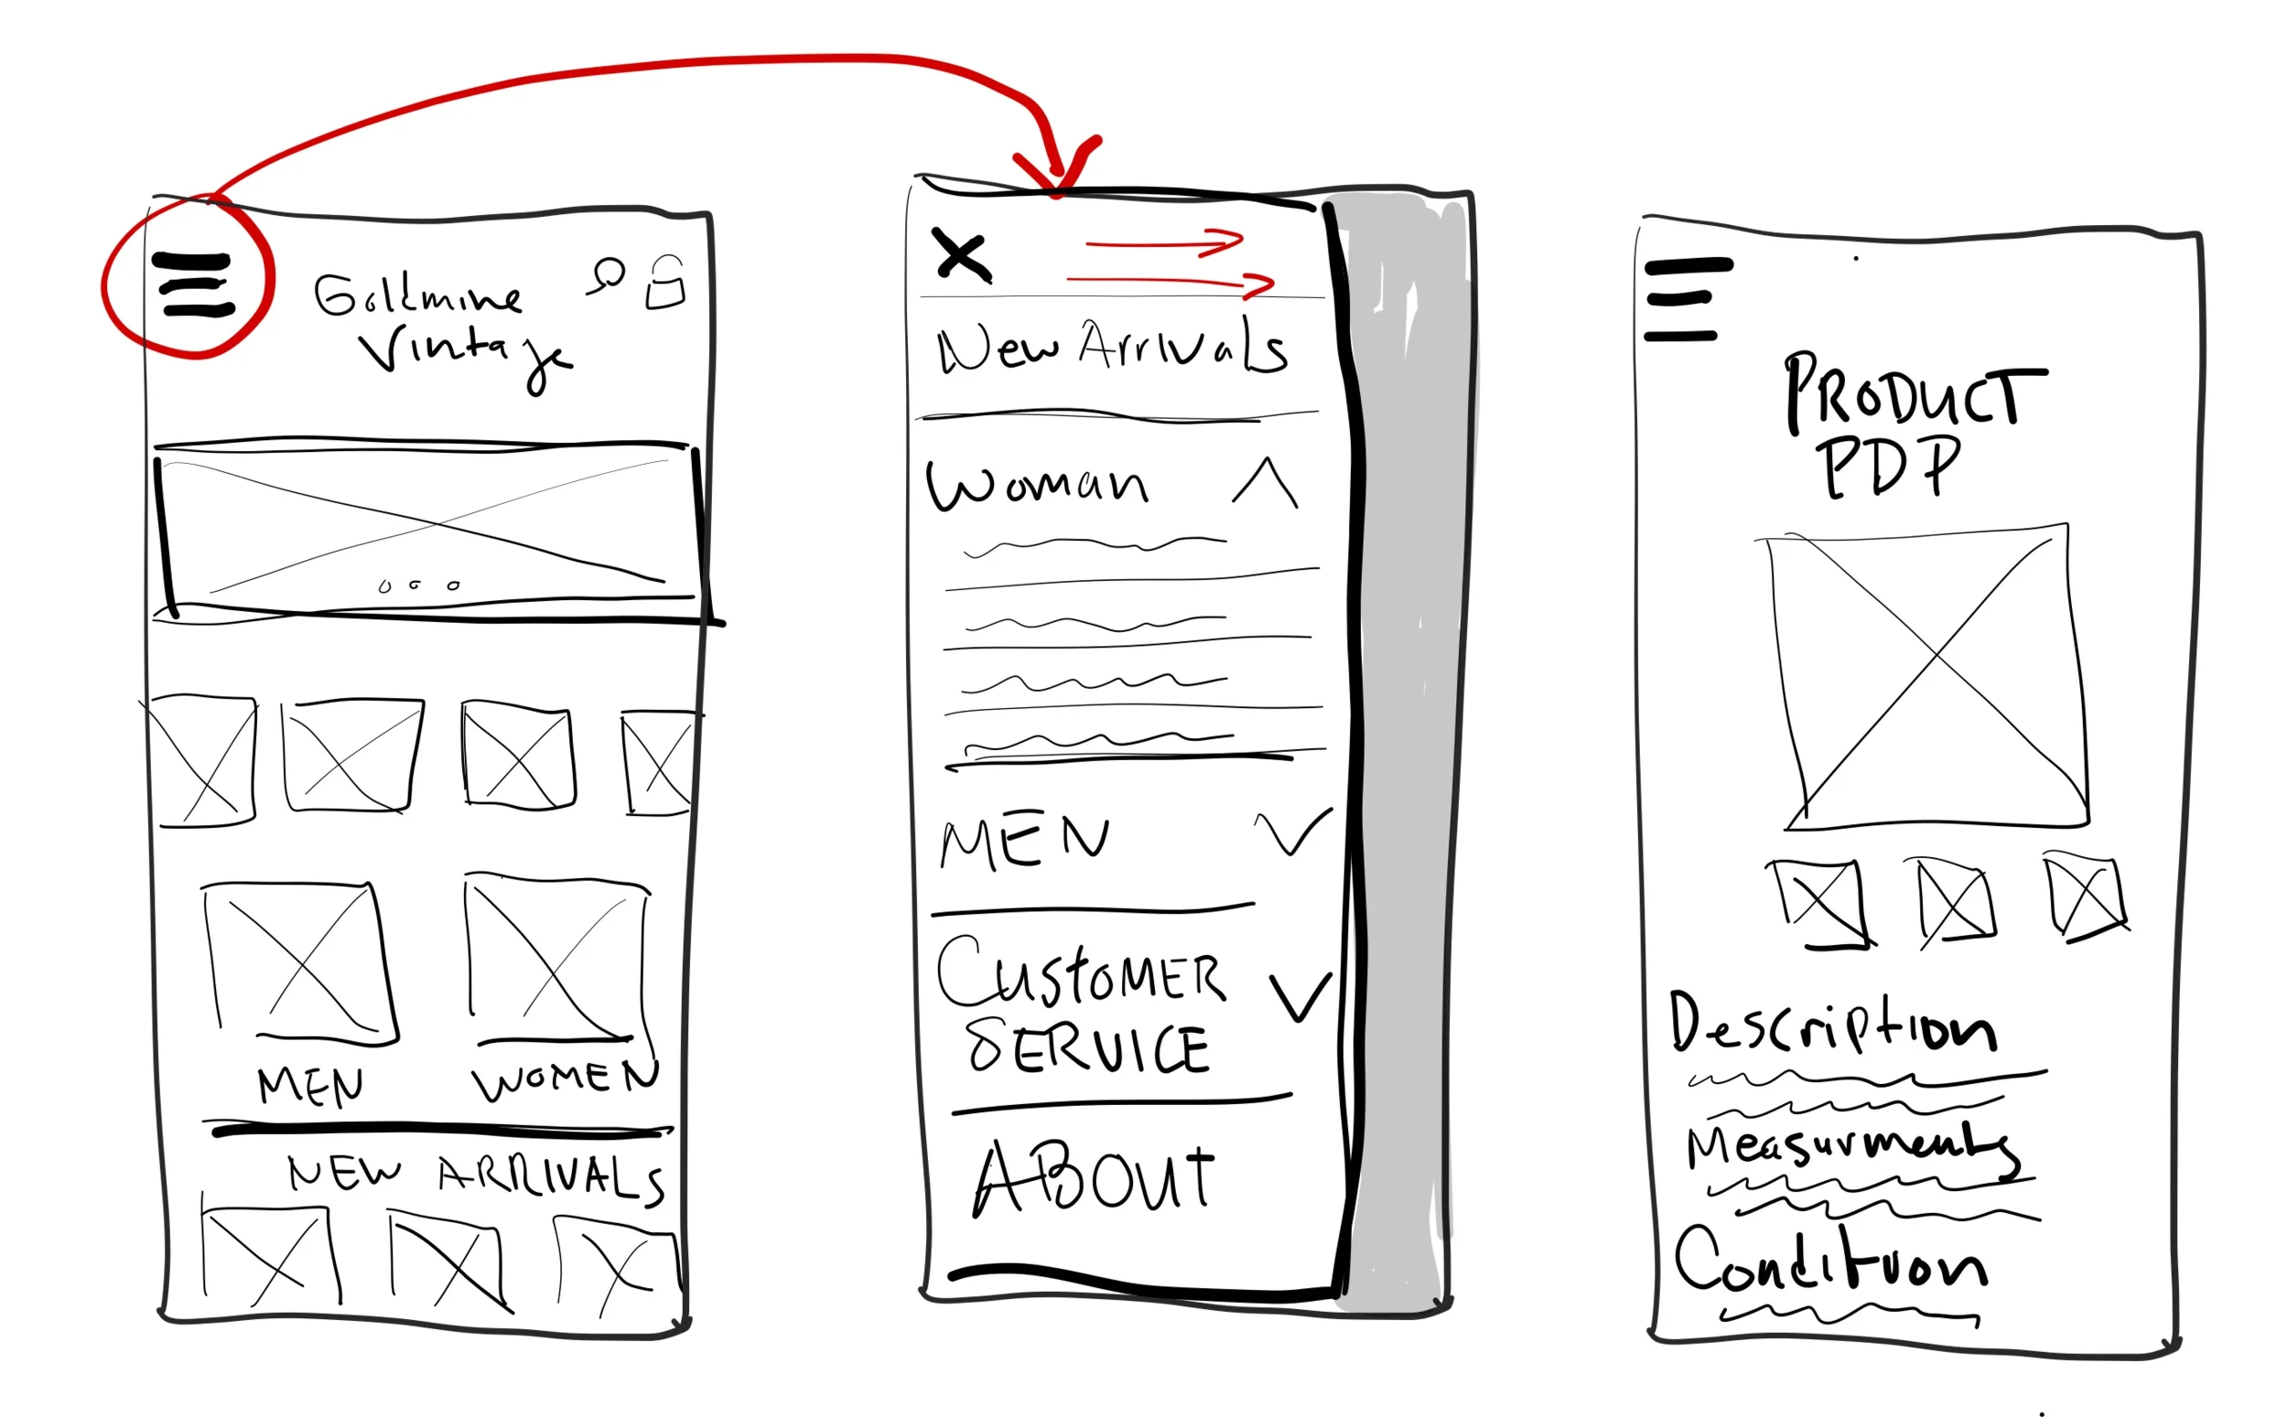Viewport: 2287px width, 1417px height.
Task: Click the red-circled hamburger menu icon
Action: [194, 284]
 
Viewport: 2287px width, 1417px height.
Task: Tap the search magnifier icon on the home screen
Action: [609, 274]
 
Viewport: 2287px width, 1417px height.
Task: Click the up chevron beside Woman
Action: [1266, 483]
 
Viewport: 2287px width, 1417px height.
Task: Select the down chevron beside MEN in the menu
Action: [1292, 832]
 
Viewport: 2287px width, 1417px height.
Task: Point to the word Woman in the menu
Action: [1037, 485]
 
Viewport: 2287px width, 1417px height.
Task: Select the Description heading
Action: [1831, 1026]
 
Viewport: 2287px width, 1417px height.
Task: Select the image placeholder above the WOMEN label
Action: [556, 958]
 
